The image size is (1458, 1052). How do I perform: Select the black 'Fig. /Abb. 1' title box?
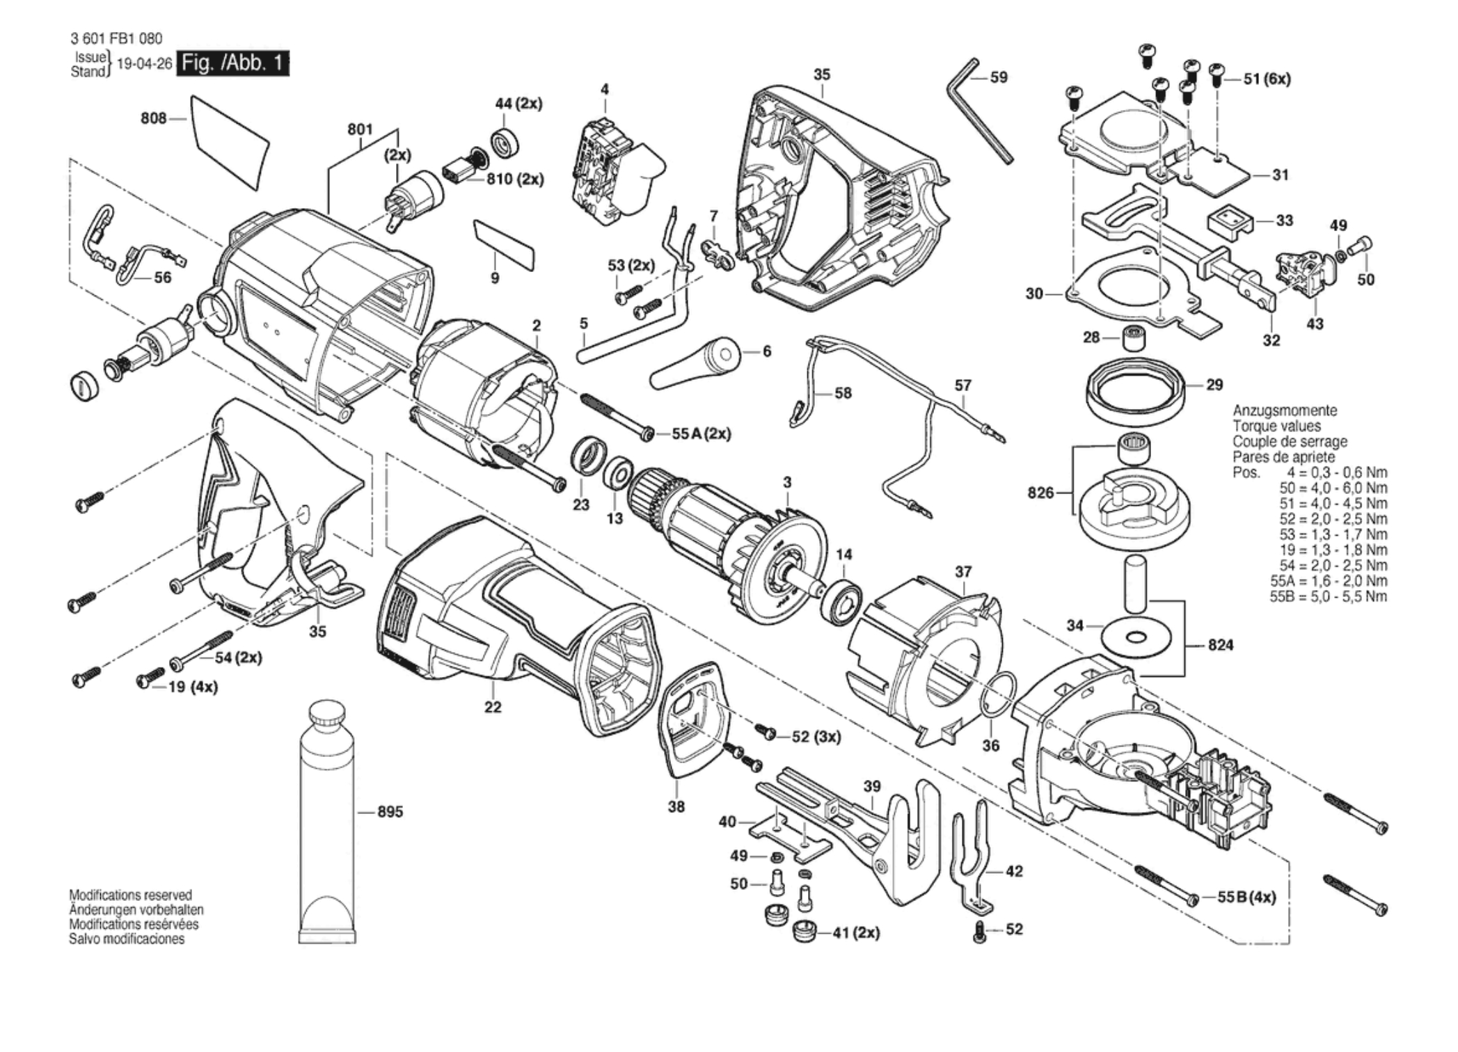[232, 63]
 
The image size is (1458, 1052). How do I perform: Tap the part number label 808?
[153, 118]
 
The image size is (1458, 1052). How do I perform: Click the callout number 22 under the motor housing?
[493, 707]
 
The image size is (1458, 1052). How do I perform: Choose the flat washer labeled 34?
[1137, 635]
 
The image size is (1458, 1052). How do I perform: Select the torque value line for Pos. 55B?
[1328, 596]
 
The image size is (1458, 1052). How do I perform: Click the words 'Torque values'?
[1276, 426]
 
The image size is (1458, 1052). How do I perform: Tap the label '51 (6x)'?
[1267, 79]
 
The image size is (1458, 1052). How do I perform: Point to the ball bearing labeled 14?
[841, 597]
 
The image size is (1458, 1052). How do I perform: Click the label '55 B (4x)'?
[1246, 898]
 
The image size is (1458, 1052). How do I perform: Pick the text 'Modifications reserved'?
[130, 895]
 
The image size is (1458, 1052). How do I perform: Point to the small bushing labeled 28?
[1133, 337]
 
